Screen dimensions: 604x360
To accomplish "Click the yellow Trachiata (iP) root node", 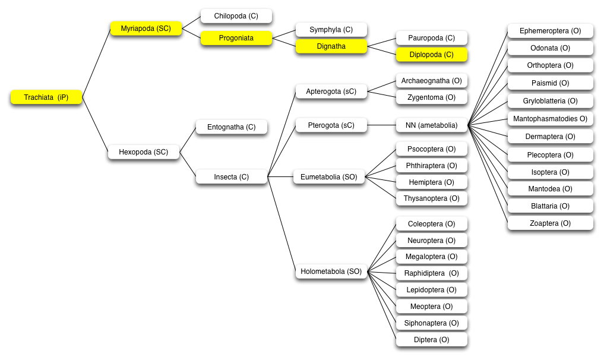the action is click(46, 97).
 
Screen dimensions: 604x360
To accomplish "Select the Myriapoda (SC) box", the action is click(146, 29).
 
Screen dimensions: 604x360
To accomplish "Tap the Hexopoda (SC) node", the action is click(144, 152).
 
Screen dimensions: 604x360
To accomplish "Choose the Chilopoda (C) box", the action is click(236, 16).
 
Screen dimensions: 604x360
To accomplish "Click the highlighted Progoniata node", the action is click(236, 38).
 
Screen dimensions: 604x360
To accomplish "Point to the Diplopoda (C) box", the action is click(431, 55).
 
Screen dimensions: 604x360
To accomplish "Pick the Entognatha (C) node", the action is click(232, 127).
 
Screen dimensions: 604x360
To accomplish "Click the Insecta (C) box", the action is click(232, 177).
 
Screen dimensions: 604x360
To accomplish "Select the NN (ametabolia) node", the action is click(431, 125).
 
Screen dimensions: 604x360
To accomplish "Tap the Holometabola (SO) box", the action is click(331, 271).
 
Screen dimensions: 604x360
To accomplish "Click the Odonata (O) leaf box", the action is click(550, 48).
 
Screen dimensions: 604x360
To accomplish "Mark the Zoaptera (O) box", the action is click(550, 223).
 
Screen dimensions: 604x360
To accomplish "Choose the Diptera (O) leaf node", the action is click(431, 340).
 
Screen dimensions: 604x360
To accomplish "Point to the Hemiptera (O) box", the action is click(431, 182).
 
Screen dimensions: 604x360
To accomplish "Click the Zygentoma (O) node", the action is click(431, 97).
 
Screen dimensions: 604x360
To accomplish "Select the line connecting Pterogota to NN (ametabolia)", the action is click(381, 125).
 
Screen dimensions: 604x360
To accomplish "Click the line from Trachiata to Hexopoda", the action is click(95, 125).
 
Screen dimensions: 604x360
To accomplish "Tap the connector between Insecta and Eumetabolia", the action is click(280, 177).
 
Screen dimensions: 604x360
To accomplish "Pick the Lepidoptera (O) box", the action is click(431, 290).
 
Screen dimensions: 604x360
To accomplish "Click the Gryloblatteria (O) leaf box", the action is click(550, 101).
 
